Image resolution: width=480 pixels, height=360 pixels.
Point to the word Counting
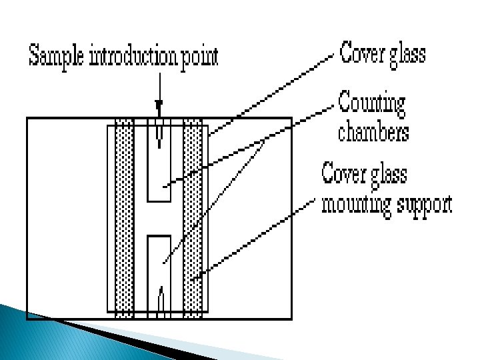(x=371, y=104)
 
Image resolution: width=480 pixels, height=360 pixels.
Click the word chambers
(x=373, y=132)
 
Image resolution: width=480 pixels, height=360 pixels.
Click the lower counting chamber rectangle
(x=159, y=267)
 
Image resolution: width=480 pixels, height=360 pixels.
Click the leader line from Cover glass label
(x=273, y=94)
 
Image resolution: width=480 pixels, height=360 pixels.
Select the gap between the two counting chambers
(x=159, y=218)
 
